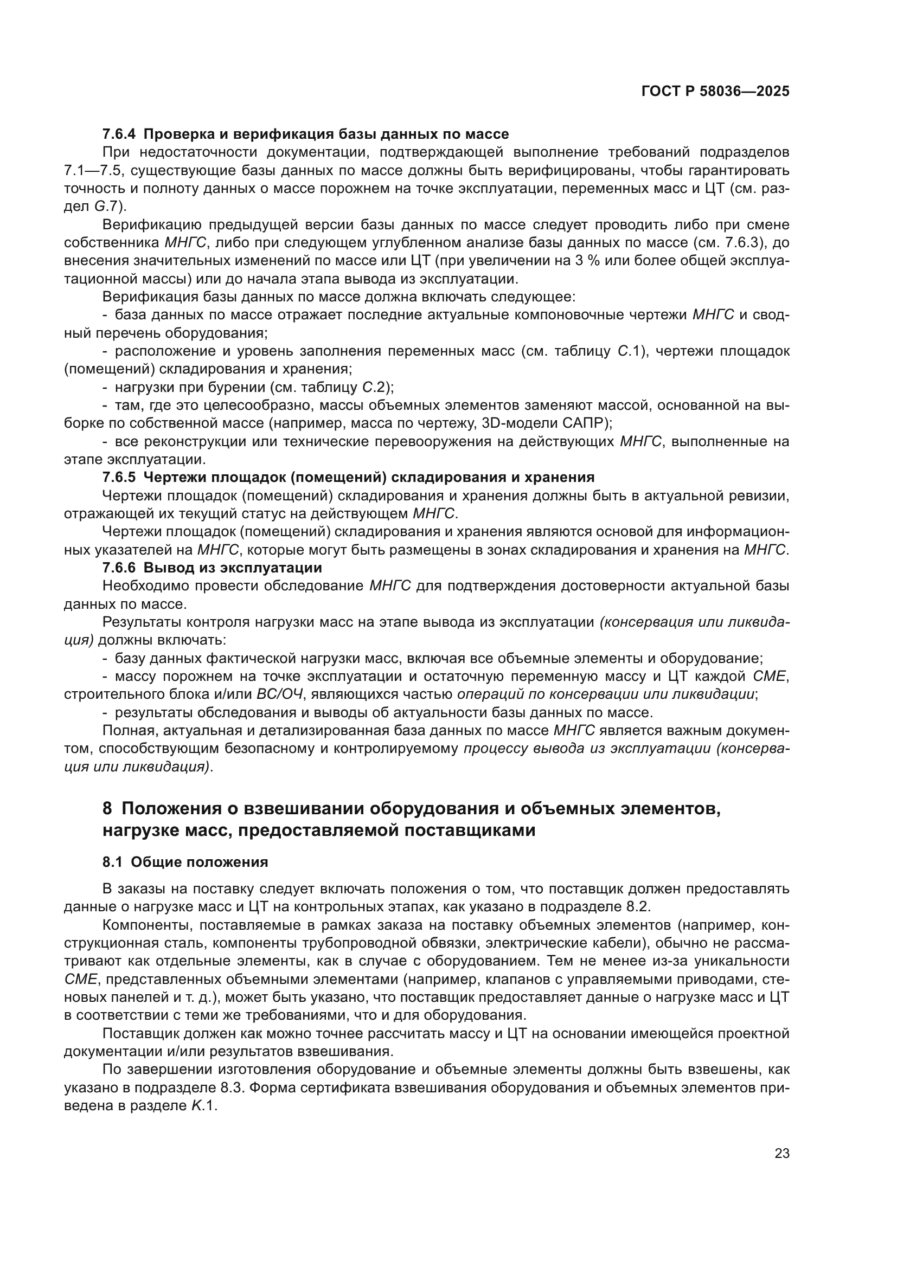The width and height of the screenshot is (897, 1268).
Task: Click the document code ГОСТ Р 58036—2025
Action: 715,92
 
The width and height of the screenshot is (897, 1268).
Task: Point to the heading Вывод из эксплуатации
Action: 232,568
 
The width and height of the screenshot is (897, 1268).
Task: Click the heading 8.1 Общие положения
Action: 185,878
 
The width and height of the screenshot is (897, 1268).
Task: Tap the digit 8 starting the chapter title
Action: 107,809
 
